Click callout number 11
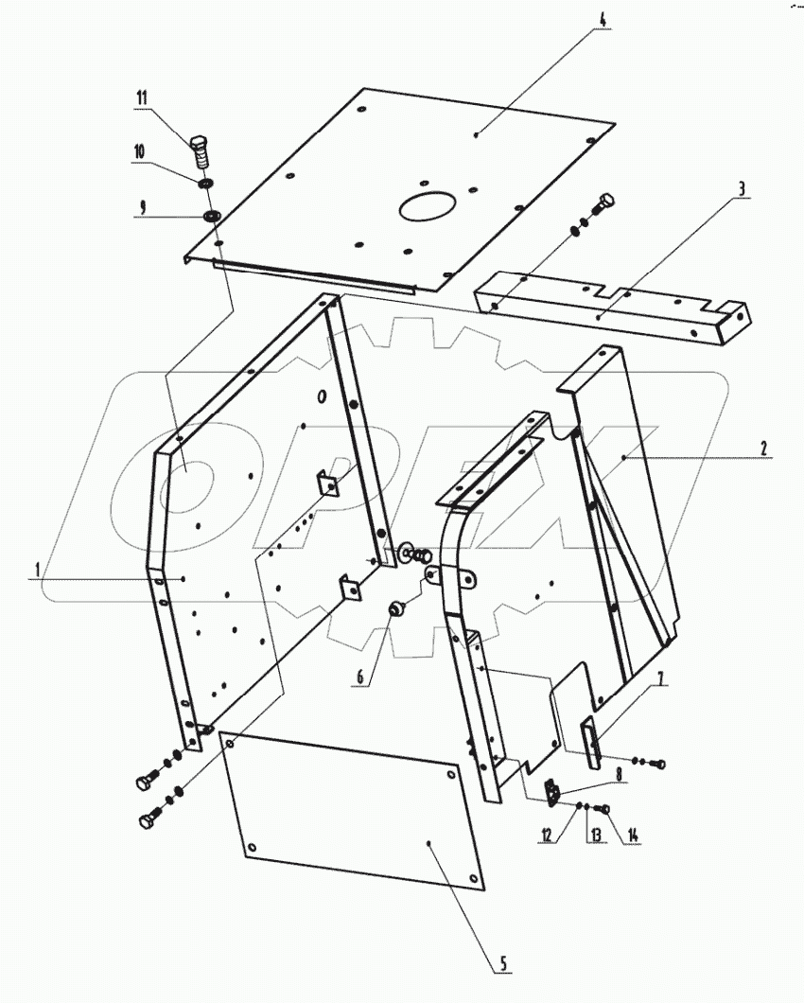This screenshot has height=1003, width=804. [x=142, y=97]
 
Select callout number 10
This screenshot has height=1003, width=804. [x=138, y=150]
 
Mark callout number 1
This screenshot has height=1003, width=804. [x=38, y=570]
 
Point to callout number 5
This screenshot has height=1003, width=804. [x=504, y=963]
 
